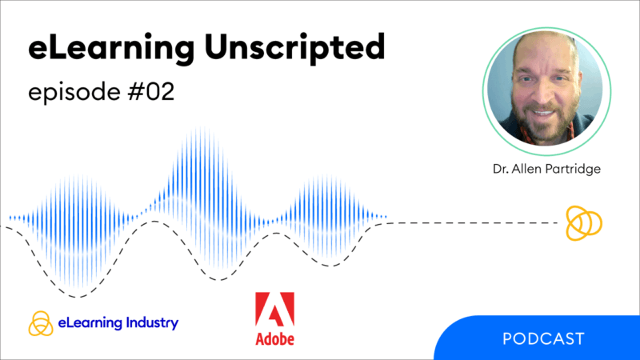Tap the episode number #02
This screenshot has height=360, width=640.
click(x=147, y=92)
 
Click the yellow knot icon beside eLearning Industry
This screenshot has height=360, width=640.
click(x=40, y=323)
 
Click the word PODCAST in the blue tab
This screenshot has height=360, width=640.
click(x=543, y=338)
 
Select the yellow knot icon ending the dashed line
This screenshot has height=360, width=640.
click(x=582, y=222)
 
